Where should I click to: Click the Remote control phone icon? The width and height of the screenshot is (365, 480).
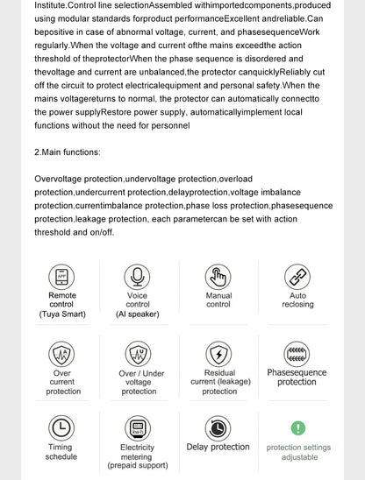[61, 277]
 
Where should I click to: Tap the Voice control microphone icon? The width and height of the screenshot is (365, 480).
[138, 277]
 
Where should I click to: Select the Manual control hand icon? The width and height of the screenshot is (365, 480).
[218, 277]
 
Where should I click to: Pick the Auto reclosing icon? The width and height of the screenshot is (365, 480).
[297, 277]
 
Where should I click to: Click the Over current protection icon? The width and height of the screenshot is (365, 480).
[61, 354]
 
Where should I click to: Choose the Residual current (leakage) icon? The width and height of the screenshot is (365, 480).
[218, 354]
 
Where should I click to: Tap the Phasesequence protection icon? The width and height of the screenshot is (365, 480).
[297, 354]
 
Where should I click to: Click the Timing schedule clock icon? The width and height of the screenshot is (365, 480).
[61, 427]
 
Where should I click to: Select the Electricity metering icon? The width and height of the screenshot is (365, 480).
[138, 427]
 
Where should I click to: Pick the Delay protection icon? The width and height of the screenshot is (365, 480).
[218, 427]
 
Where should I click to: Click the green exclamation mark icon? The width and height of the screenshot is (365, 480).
[298, 428]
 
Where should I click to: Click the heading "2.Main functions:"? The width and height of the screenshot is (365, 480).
[68, 152]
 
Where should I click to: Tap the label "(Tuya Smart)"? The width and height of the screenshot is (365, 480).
[61, 314]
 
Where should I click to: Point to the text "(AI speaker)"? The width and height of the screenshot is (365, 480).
[138, 314]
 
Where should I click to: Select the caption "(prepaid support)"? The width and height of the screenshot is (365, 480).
[138, 466]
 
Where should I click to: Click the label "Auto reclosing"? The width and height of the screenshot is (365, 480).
[297, 300]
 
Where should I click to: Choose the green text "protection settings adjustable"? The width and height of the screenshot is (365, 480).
[298, 452]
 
